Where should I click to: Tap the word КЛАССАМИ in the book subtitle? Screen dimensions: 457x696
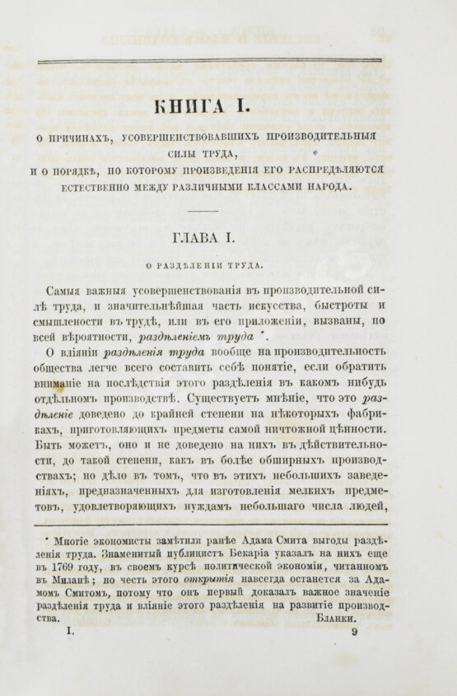[289, 187]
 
